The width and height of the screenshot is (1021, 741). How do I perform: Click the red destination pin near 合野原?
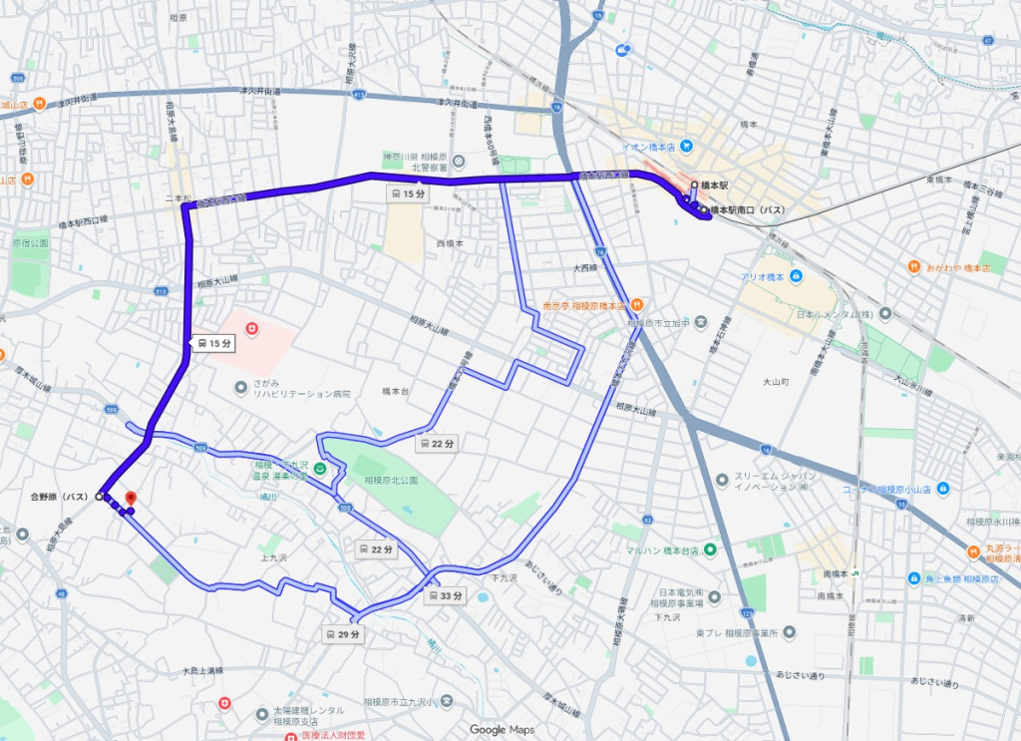tap(131, 498)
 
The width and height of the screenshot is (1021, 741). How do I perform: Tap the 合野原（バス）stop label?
tap(62, 496)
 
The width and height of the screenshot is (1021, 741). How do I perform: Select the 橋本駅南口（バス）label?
tap(750, 210)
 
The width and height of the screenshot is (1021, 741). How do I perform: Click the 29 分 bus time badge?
tap(341, 633)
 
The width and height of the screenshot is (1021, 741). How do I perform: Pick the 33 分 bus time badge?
tap(445, 596)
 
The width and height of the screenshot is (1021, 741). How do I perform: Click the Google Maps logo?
tap(502, 729)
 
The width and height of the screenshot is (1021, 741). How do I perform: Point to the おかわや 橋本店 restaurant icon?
tap(913, 267)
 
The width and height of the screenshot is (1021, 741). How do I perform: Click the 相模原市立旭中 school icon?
tap(702, 322)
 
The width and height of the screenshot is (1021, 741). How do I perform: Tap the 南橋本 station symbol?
tap(856, 573)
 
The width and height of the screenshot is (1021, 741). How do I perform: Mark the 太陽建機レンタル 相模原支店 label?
tap(309, 715)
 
